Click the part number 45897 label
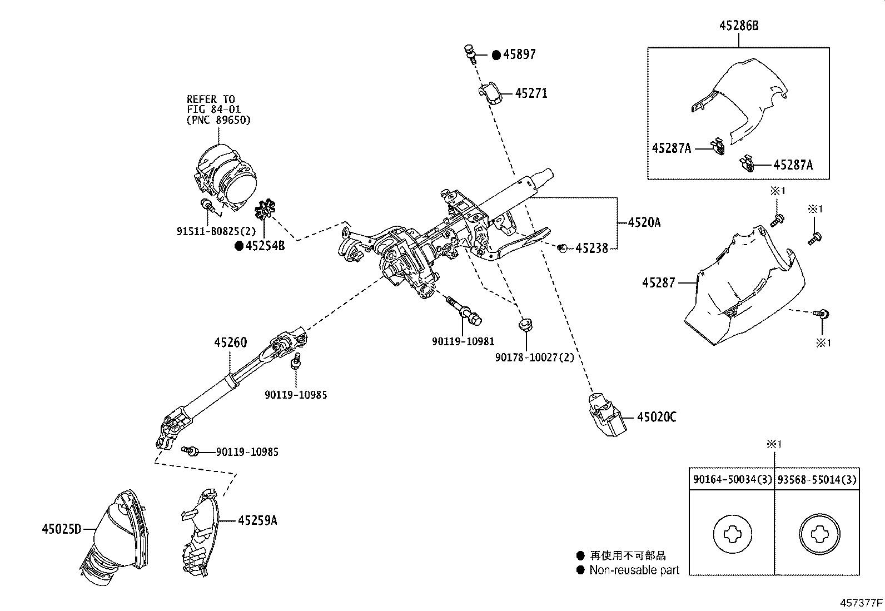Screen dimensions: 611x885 [x=519, y=54]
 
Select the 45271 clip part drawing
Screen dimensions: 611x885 [x=489, y=93]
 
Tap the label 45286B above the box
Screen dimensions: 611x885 [x=739, y=26]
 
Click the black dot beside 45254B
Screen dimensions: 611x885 [x=238, y=246]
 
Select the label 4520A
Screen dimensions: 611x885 [x=644, y=222]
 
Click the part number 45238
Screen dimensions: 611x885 [x=591, y=249]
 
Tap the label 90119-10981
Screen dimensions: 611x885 [x=463, y=341]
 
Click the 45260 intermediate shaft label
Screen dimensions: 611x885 [x=230, y=342]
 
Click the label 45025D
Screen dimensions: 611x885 [x=61, y=529]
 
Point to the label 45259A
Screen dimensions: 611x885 [x=257, y=520]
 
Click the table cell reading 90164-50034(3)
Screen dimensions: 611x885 [x=732, y=480]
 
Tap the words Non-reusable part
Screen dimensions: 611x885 [x=634, y=570]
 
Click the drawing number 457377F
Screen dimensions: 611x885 [x=861, y=603]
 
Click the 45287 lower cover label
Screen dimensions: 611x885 [x=658, y=283]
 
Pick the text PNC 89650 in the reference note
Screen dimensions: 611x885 [x=218, y=120]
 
